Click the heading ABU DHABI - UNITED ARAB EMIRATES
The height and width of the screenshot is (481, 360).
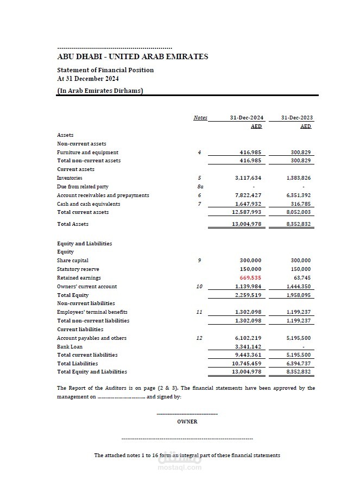pos(132,56)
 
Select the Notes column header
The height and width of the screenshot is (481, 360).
pos(200,118)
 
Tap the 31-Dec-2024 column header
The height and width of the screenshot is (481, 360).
pos(247,118)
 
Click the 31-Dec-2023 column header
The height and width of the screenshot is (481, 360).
pos(297,118)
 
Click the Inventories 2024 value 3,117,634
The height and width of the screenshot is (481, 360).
pos(248,178)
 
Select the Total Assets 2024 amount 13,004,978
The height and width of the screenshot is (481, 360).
pos(247,224)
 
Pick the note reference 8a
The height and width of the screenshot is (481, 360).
pos(200,187)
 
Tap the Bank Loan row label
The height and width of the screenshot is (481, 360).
pos(70,346)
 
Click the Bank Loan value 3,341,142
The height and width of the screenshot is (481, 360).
pos(248,346)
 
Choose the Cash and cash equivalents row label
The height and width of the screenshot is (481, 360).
pos(89,204)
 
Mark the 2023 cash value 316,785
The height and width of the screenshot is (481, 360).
pos(301,204)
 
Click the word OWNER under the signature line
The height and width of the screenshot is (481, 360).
pos(187,422)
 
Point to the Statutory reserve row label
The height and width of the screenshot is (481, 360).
pos(78,269)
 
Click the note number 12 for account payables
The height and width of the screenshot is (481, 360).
pos(199,338)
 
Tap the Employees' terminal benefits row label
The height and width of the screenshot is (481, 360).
pos(92,312)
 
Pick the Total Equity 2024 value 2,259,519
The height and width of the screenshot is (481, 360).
pos(248,295)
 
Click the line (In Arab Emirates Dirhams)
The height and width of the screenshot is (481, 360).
pos(100,91)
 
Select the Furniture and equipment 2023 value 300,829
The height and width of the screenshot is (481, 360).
pos(301,153)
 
